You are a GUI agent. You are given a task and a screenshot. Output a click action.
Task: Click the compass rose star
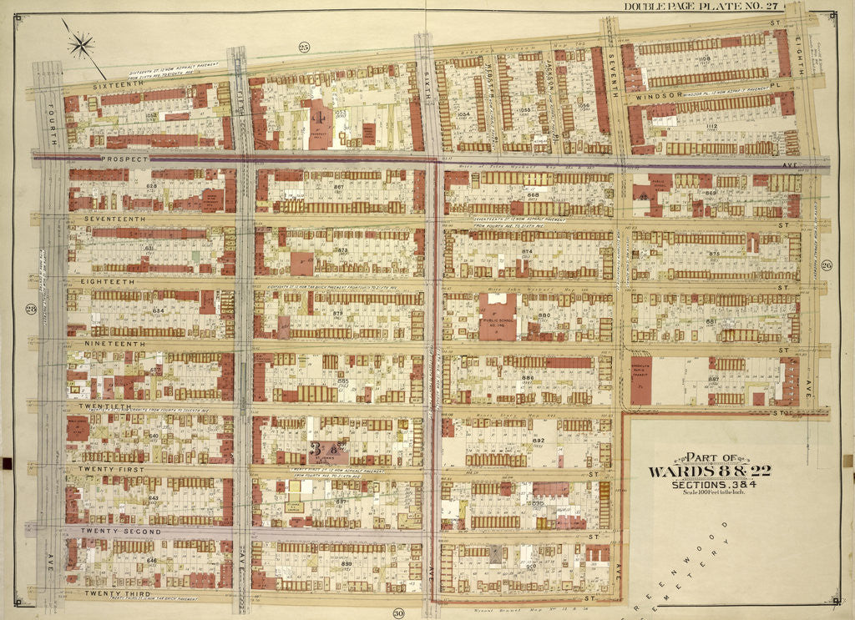pos(81,44)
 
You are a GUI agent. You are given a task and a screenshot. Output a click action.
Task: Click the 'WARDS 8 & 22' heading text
pos(710,471)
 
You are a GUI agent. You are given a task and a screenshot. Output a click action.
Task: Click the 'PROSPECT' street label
pos(124,158)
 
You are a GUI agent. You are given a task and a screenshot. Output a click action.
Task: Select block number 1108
pos(704,59)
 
